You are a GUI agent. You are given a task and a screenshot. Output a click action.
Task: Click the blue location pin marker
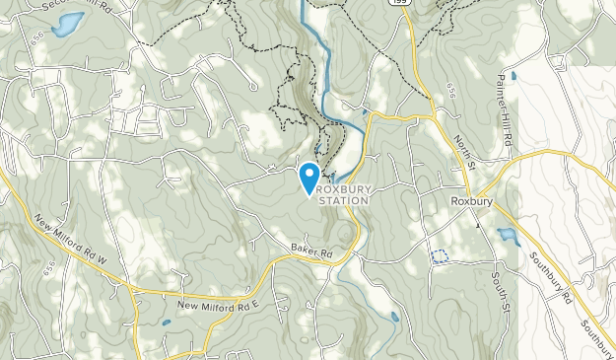point(309,178)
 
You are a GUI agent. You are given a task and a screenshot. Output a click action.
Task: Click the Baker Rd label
point(311,253)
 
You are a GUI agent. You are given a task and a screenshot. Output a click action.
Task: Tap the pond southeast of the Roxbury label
point(508,237)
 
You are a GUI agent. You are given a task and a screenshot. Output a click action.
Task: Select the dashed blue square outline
point(440,256)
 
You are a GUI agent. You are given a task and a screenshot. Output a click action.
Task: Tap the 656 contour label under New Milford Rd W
point(48,266)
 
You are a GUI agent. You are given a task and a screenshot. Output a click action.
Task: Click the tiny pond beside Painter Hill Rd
point(513,74)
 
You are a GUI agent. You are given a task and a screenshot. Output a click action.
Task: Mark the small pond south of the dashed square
point(394,317)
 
